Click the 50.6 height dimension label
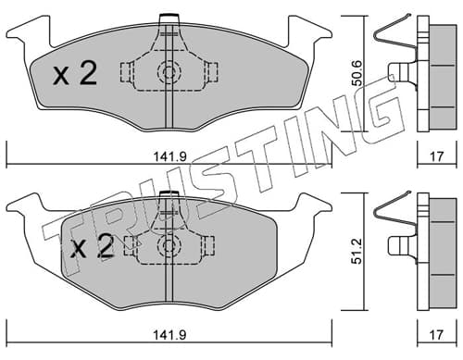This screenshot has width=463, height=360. pyautogui.click(x=358, y=73)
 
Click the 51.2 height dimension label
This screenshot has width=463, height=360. pyautogui.click(x=357, y=251)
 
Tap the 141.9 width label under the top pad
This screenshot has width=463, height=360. pyautogui.click(x=170, y=156)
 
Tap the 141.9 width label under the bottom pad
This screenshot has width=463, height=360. pyautogui.click(x=170, y=334)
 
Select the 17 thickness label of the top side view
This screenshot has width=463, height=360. pyautogui.click(x=436, y=156)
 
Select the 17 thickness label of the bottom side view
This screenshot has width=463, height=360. pyautogui.click(x=436, y=334)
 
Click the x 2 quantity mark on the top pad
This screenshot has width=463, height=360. pyautogui.click(x=75, y=73)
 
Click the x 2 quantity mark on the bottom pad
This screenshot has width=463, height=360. pyautogui.click(x=92, y=246)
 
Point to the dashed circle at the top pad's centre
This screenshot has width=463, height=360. pyautogui.click(x=169, y=73)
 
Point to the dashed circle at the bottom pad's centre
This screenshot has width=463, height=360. pyautogui.click(x=169, y=246)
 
